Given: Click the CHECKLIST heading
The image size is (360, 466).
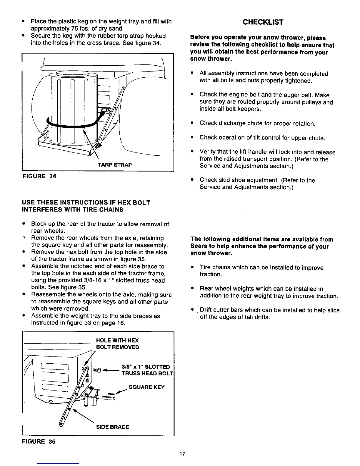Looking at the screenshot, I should (263, 22).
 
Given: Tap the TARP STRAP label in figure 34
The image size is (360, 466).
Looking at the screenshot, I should (115, 165).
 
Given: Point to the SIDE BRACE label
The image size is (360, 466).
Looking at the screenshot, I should (112, 427).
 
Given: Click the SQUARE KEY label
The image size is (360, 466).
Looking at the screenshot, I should (147, 387).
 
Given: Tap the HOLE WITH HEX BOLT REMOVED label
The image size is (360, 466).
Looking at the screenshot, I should (117, 344).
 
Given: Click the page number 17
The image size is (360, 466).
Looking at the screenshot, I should (182, 454).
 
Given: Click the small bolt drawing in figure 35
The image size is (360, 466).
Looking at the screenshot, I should (97, 370).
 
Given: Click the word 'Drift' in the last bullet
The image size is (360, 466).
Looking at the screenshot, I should (206, 310).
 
